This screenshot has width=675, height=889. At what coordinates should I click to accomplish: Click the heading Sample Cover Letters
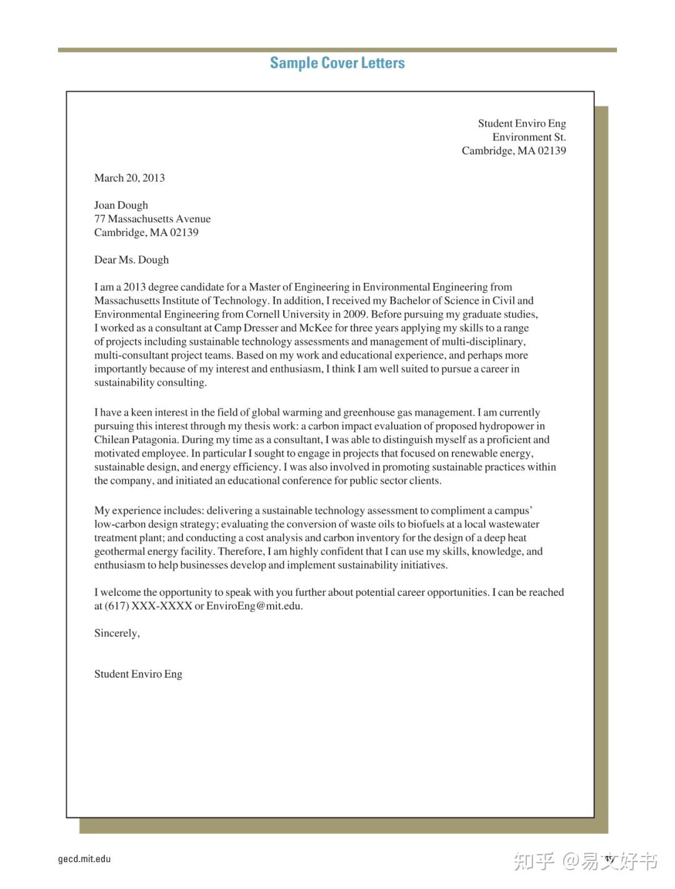click(337, 63)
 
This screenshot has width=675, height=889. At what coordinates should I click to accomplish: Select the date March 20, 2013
click(129, 178)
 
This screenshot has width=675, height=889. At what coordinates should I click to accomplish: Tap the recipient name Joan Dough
click(121, 206)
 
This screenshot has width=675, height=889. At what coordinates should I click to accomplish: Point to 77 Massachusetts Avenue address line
click(152, 219)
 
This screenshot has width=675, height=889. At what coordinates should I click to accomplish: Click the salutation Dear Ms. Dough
click(131, 260)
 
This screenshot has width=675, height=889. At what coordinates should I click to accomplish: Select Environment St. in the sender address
click(529, 137)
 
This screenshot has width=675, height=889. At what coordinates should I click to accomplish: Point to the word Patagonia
click(154, 440)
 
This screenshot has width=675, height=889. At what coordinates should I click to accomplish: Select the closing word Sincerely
click(116, 633)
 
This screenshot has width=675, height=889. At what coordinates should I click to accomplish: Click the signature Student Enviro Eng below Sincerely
click(138, 674)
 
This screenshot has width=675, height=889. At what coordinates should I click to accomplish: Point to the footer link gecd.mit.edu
click(84, 859)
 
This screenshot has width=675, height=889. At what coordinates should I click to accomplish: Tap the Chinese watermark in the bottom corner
click(585, 861)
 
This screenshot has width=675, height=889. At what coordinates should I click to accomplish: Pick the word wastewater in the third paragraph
click(514, 524)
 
